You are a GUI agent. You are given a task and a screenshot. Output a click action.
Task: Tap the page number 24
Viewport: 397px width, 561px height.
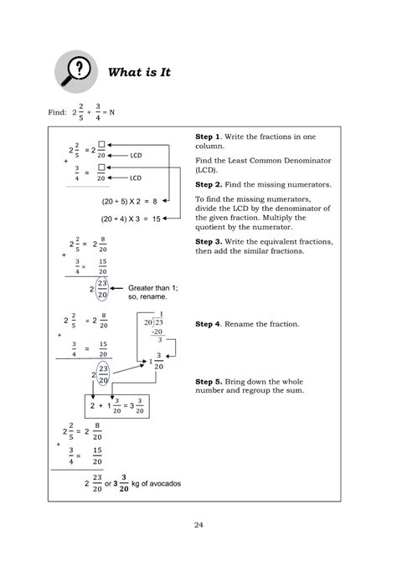click(198, 525)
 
